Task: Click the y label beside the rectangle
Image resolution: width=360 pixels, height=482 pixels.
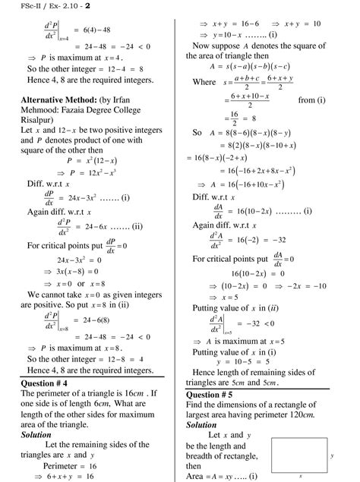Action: click(x=332, y=456)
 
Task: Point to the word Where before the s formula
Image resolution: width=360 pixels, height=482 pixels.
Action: click(x=204, y=83)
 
